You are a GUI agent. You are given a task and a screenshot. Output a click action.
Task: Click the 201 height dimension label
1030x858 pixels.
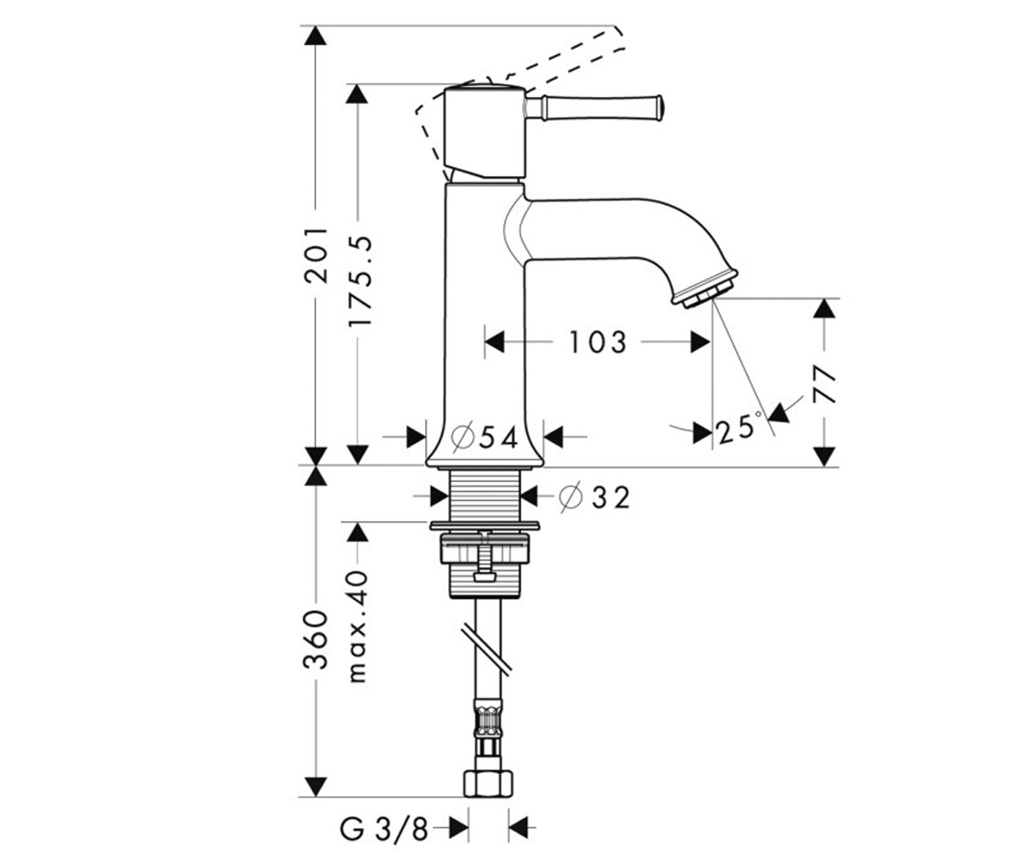(315, 255)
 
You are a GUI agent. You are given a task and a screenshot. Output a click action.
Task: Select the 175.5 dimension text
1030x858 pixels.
(359, 281)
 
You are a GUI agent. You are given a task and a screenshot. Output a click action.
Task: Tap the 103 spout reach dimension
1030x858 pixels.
(597, 341)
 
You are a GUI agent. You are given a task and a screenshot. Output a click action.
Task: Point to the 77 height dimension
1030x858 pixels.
(824, 384)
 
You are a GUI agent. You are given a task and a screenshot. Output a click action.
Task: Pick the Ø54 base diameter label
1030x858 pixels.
(484, 437)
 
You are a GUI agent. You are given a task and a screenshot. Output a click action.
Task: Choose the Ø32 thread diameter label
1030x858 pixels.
(595, 498)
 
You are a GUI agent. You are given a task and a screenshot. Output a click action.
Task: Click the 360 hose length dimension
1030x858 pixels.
(315, 639)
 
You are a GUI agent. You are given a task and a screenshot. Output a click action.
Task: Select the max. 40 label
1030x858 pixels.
(359, 625)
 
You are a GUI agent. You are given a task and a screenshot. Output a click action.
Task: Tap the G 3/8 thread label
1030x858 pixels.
(384, 830)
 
